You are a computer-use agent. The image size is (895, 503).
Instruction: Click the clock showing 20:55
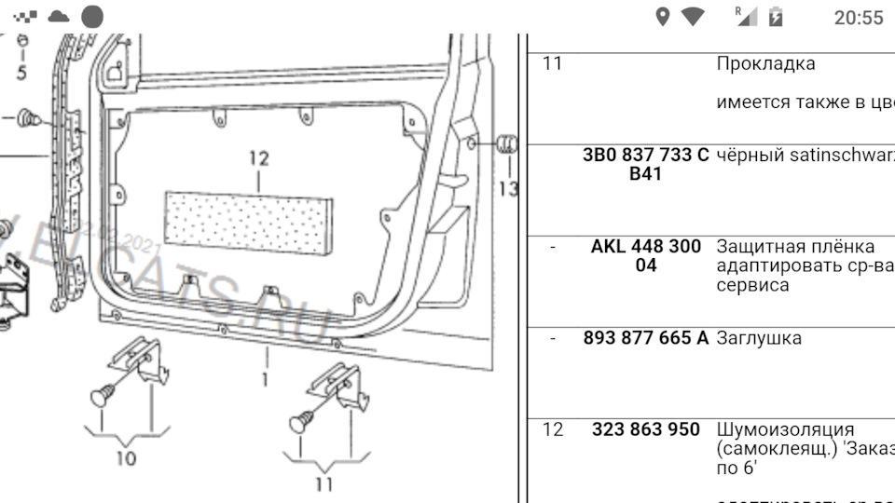(x=858, y=18)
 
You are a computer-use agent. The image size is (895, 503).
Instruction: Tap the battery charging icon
(x=776, y=17)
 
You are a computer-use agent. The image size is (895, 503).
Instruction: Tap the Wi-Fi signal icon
(x=693, y=17)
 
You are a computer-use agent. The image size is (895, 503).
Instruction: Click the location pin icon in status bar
(x=663, y=17)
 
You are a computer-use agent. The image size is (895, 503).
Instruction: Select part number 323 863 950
(x=645, y=429)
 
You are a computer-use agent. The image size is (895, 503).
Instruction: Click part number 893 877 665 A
(x=645, y=338)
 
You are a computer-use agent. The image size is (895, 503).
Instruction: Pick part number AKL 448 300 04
(x=645, y=256)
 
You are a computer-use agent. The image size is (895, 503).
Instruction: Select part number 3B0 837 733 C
(x=645, y=156)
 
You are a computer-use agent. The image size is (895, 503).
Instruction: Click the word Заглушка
(x=758, y=338)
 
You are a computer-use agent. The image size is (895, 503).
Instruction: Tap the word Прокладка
(x=765, y=64)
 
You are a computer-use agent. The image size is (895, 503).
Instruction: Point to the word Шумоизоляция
(x=785, y=429)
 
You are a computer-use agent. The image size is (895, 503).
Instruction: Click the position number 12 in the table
(x=553, y=429)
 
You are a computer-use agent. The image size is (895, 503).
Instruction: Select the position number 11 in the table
(x=553, y=64)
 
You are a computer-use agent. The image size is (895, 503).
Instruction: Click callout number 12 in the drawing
(x=258, y=158)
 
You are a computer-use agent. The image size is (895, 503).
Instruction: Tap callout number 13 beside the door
(x=508, y=189)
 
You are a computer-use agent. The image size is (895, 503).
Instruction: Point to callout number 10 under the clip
(x=125, y=457)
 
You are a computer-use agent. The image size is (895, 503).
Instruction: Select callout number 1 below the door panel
(x=266, y=380)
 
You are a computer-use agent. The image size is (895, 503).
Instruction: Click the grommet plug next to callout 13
(x=506, y=144)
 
